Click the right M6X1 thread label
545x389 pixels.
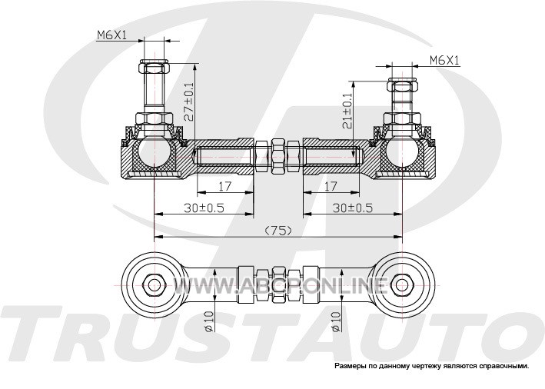(444, 58)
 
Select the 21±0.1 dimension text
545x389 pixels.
(347, 110)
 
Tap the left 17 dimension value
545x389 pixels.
(224, 186)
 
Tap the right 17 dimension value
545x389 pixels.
(331, 186)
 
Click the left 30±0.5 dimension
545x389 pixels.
(204, 208)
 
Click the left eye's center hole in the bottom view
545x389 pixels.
(154, 284)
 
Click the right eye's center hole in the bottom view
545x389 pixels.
(401, 284)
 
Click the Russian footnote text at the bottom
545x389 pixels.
(431, 366)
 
